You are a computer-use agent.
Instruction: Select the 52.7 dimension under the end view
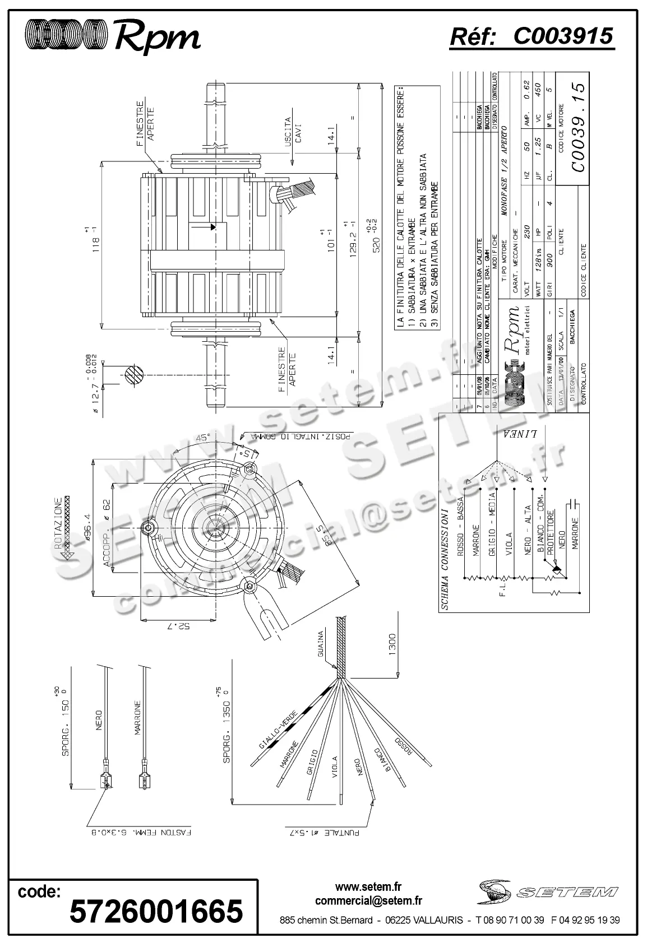pos(178,626)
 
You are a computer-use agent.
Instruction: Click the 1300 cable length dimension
pos(392,644)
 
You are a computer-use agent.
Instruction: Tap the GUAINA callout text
pos(321,644)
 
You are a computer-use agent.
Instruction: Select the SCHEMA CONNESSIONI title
pos(444,559)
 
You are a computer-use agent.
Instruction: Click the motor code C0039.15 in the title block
pos(577,134)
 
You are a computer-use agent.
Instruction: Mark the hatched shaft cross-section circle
pos(134,375)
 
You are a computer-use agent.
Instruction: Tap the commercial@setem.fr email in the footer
pos(368,900)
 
